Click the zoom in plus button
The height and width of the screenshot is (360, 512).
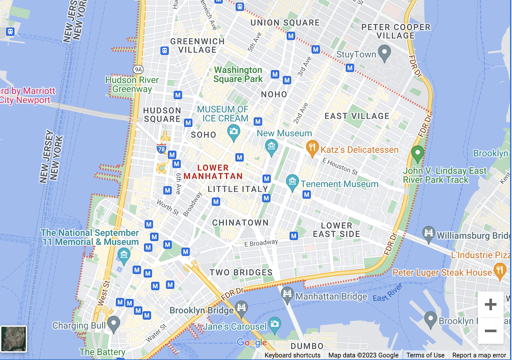[491, 305]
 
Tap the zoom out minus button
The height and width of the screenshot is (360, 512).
[491, 331]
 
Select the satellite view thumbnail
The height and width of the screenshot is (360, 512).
[14, 339]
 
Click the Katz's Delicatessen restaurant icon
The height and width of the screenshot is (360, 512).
[313, 148]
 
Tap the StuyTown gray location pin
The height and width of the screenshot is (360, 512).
[385, 52]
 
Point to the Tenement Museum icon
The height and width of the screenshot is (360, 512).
[292, 182]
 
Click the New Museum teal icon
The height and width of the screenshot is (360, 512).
[271, 147]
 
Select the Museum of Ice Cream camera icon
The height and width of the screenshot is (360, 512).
[233, 133]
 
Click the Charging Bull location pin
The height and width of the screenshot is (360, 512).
[113, 324]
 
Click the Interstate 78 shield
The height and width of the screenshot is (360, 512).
[161, 149]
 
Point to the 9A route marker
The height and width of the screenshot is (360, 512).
[138, 69]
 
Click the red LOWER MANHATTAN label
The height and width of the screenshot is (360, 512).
[219, 172]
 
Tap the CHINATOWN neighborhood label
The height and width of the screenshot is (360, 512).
[240, 223]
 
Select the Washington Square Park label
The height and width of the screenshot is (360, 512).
[238, 74]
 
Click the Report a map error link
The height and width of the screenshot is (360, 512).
[479, 355]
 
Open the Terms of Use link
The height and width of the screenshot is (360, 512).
[425, 355]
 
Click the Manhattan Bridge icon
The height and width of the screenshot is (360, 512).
[287, 295]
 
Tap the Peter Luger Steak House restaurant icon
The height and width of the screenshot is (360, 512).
[500, 270]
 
